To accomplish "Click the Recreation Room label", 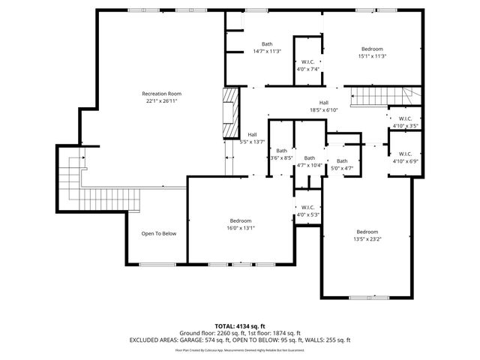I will (x=162, y=94).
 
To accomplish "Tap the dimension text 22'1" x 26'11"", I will (x=162, y=100).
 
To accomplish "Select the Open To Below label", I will (x=159, y=233).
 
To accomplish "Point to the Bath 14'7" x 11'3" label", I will (x=266, y=47).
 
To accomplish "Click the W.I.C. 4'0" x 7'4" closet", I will (x=307, y=65).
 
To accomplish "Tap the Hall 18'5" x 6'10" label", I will (x=323, y=106).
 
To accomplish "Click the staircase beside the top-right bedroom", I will (x=379, y=96).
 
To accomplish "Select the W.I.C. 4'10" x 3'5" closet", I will (x=405, y=121).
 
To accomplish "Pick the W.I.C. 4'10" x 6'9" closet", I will (x=405, y=157).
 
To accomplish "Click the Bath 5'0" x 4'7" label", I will (x=342, y=164).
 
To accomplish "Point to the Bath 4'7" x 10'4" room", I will (x=309, y=161).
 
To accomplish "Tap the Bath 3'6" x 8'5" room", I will (x=280, y=154).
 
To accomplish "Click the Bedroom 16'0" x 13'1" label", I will (x=241, y=223).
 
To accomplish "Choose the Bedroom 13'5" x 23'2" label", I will (x=367, y=235).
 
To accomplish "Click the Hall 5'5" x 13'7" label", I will (x=252, y=138).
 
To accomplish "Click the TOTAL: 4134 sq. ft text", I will (x=239, y=325).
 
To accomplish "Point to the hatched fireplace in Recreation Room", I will (x=229, y=113).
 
